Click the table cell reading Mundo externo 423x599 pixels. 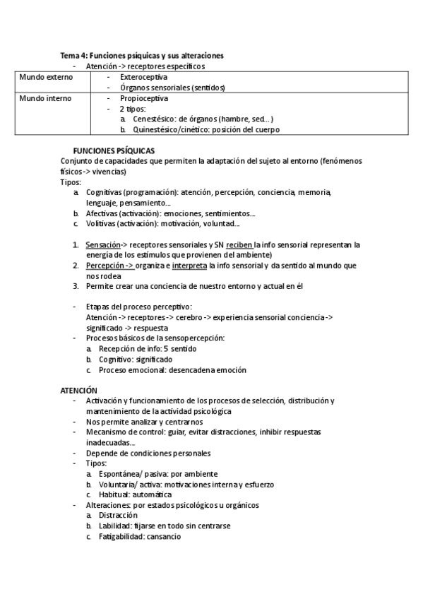point(46,76)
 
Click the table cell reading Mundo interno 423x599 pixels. point(45,98)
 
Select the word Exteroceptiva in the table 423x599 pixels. point(144,76)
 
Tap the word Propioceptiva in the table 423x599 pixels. point(144,98)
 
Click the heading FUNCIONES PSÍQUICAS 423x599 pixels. point(114,150)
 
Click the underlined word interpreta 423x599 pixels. point(189,266)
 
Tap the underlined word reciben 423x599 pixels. point(240,244)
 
